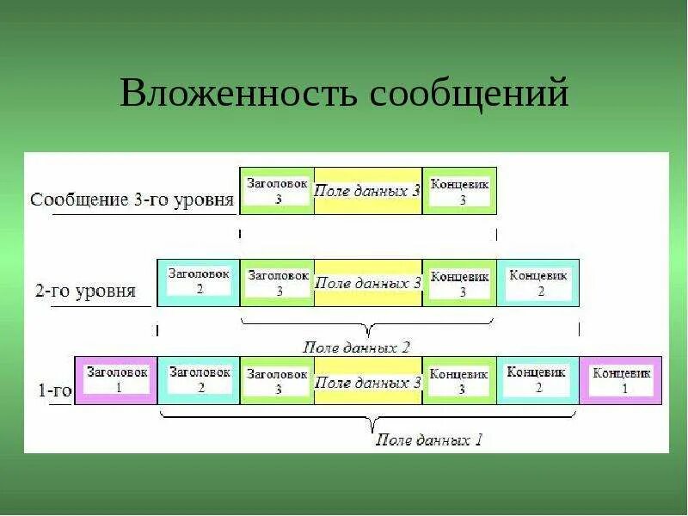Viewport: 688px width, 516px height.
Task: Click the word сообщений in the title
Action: click(x=469, y=93)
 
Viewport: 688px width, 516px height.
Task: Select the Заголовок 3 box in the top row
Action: click(x=278, y=191)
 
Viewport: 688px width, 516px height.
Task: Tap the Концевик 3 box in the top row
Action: click(x=460, y=191)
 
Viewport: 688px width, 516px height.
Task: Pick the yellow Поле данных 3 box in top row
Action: click(x=368, y=191)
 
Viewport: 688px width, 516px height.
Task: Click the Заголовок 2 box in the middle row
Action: click(x=199, y=282)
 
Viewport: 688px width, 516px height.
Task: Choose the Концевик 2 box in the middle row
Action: click(x=538, y=283)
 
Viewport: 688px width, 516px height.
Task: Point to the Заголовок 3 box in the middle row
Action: click(x=278, y=283)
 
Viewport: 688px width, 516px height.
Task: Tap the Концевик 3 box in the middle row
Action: click(x=460, y=283)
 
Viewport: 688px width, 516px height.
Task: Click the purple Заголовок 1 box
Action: click(x=116, y=379)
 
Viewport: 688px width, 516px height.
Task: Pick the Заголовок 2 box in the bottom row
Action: click(x=199, y=379)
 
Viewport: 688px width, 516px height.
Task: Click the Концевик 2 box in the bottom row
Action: click(x=538, y=379)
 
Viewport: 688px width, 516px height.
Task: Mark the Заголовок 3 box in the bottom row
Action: click(x=278, y=380)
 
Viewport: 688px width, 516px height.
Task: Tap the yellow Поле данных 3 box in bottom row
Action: click(x=368, y=381)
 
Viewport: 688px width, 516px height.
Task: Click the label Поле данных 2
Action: click(x=356, y=347)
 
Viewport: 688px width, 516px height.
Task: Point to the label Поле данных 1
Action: click(x=429, y=440)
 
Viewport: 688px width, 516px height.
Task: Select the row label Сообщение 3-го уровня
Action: click(x=132, y=200)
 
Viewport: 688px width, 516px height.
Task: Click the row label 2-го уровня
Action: click(x=85, y=291)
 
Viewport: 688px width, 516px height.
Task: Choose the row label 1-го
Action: click(x=53, y=390)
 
